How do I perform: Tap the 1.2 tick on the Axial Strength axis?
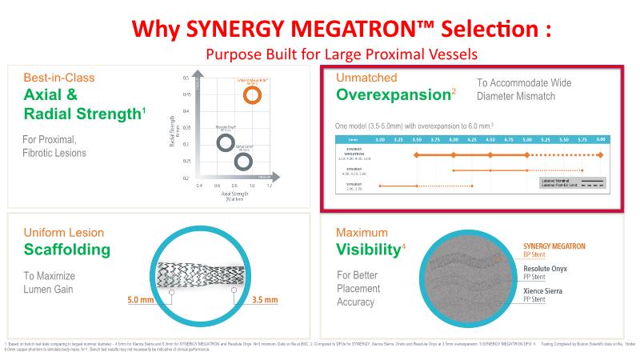pyautogui.click(x=269, y=186)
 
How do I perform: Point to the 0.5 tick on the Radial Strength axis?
pyautogui.click(x=186, y=78)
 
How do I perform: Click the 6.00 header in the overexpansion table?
pyautogui.click(x=601, y=138)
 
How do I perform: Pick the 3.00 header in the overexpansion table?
pyautogui.click(x=379, y=138)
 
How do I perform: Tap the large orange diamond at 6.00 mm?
pyautogui.click(x=601, y=154)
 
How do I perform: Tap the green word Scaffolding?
pyautogui.click(x=66, y=250)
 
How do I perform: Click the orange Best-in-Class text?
pyautogui.click(x=59, y=78)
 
